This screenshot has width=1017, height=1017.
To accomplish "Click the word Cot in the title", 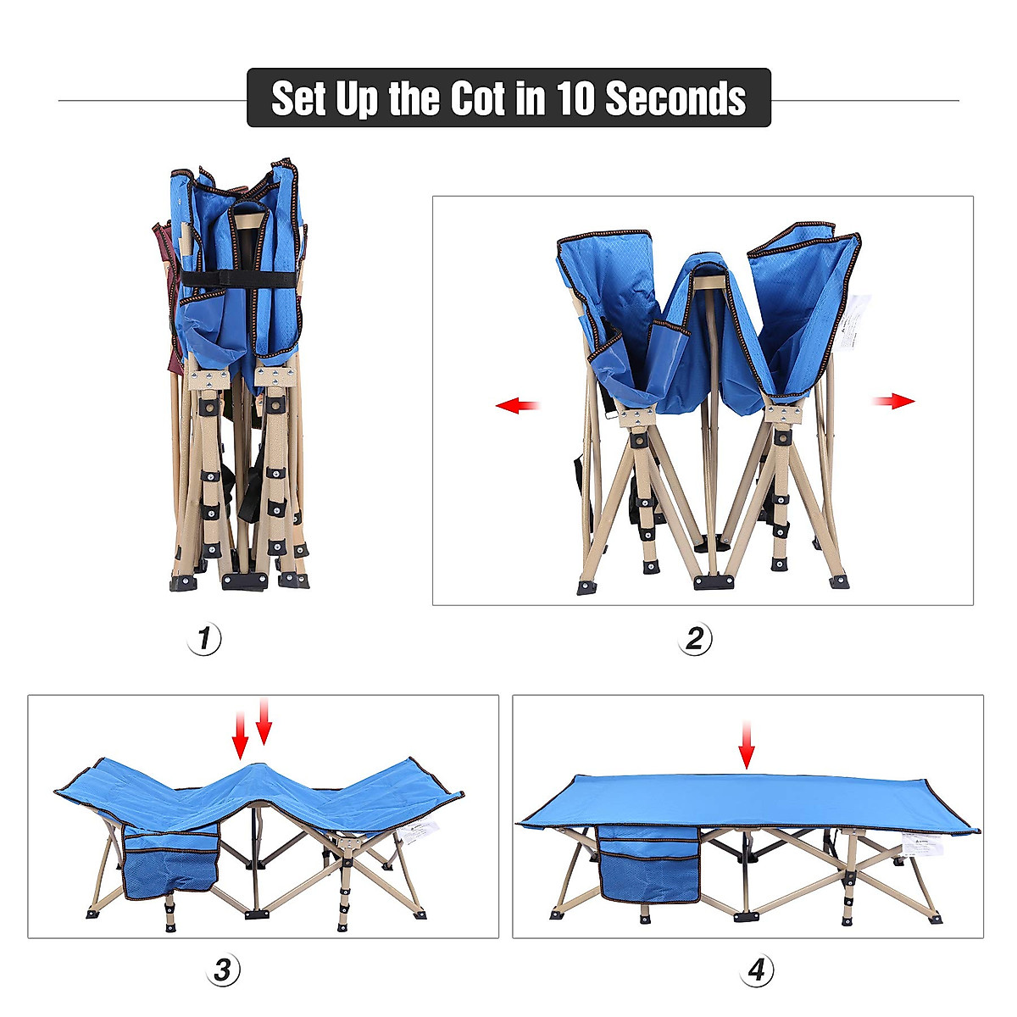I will coord(477,98).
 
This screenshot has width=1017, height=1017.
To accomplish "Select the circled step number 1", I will coord(204,638).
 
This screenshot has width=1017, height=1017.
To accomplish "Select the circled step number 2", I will coord(695,638).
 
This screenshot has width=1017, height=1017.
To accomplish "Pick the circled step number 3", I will coord(222,970).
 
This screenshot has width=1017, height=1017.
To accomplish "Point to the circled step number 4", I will coord(757,970).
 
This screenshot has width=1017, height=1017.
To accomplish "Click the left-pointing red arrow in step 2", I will coord(518,406).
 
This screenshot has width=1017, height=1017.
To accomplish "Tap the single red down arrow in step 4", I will coord(747,746).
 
